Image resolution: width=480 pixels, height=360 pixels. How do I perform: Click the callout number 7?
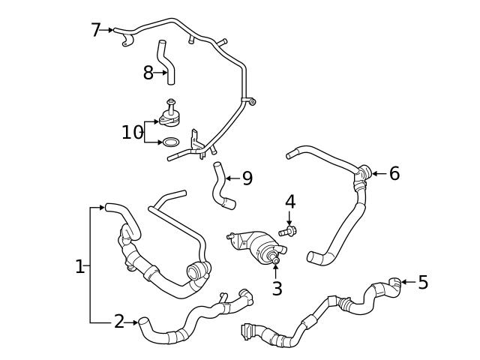(x=95, y=30)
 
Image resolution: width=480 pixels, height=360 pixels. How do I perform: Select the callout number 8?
(x=148, y=73)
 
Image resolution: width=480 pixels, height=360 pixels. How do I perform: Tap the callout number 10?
(x=132, y=133)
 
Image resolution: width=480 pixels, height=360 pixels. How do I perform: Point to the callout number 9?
(x=247, y=178)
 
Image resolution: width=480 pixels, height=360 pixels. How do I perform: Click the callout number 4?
(x=290, y=202)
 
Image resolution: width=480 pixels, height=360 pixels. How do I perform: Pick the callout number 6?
(x=394, y=174)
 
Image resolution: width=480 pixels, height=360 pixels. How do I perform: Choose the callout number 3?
(x=277, y=289)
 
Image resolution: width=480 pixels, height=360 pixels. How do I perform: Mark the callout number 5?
(x=423, y=283)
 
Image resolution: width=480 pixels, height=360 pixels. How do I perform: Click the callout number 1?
(x=79, y=266)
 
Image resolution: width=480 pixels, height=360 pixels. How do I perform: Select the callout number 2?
(x=119, y=322)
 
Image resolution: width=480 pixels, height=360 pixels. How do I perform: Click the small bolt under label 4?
(x=289, y=230)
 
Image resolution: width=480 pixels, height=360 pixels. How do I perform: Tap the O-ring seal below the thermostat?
(x=171, y=142)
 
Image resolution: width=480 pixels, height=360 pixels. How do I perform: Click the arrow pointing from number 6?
(x=377, y=174)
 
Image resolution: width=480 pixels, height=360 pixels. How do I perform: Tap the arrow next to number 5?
(x=407, y=283)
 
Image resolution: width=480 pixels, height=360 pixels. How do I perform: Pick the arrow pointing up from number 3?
(x=276, y=270)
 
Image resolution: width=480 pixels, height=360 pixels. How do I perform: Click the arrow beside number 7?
(x=109, y=30)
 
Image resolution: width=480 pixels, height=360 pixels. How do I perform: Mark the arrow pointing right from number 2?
(x=133, y=322)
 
